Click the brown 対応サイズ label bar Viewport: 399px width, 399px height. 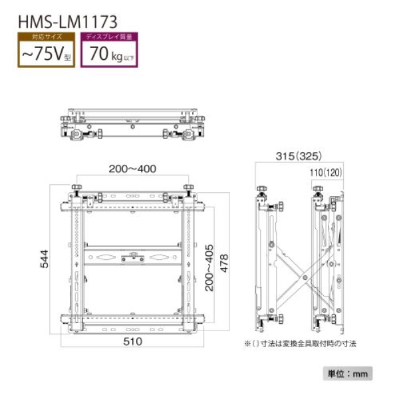(45, 37)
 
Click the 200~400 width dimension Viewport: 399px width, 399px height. (132, 169)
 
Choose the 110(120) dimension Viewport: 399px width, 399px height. (325, 172)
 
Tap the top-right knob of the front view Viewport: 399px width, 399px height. (189, 188)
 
